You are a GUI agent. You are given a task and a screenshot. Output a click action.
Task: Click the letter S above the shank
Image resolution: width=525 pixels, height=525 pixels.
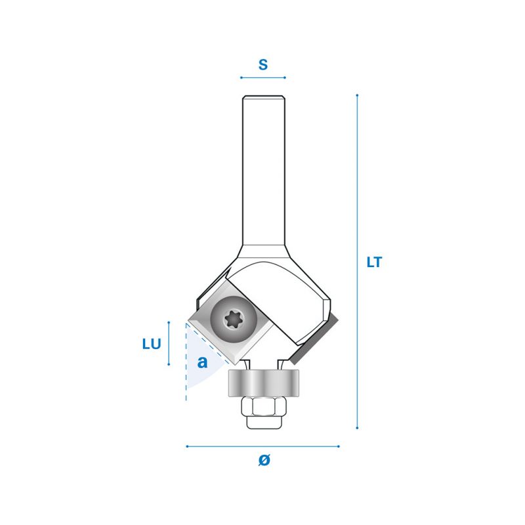263,64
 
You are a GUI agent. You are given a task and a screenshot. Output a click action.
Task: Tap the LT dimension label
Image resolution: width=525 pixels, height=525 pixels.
374,262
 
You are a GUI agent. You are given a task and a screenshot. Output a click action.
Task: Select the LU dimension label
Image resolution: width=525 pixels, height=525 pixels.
152,344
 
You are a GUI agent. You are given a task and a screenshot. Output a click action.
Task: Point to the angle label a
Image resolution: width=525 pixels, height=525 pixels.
202,362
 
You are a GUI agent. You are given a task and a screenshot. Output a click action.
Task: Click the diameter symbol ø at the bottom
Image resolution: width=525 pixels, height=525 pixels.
264,460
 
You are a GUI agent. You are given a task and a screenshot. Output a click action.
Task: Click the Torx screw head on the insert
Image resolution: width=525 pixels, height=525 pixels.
234,319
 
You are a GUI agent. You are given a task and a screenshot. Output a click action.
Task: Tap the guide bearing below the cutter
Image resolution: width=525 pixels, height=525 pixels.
264,383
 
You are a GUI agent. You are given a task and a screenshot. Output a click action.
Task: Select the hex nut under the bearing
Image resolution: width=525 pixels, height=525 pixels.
264,406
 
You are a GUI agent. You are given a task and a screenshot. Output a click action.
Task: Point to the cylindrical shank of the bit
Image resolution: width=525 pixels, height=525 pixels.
264,171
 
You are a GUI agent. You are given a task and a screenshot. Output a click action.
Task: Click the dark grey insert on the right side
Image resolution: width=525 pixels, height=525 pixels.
314,339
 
